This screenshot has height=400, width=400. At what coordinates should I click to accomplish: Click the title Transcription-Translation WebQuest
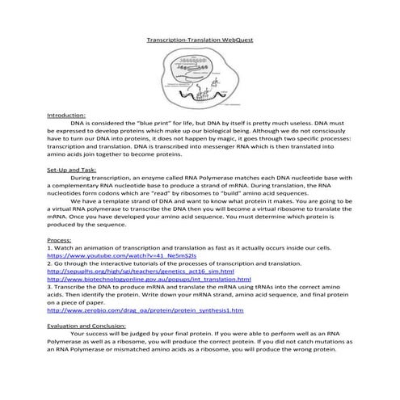(200, 39)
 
